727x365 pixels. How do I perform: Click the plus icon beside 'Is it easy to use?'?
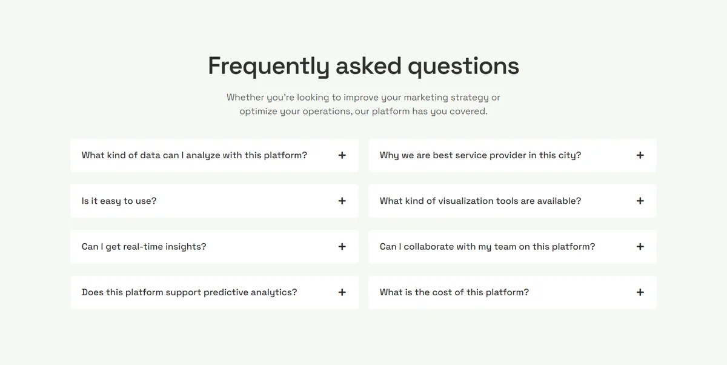pyautogui.click(x=342, y=201)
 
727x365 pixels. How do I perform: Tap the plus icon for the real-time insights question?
pyautogui.click(x=342, y=247)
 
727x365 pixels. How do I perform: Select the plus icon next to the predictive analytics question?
pyautogui.click(x=342, y=292)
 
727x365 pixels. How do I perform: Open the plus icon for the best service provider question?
pyautogui.click(x=640, y=155)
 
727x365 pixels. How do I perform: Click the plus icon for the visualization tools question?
pyautogui.click(x=640, y=201)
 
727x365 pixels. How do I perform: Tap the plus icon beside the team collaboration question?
pyautogui.click(x=640, y=247)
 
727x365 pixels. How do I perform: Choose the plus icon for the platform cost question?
pyautogui.click(x=640, y=292)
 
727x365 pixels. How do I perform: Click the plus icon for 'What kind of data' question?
pyautogui.click(x=342, y=155)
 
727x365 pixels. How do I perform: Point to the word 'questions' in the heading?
pyautogui.click(x=463, y=67)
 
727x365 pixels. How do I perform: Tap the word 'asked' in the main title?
pyautogui.click(x=368, y=66)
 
